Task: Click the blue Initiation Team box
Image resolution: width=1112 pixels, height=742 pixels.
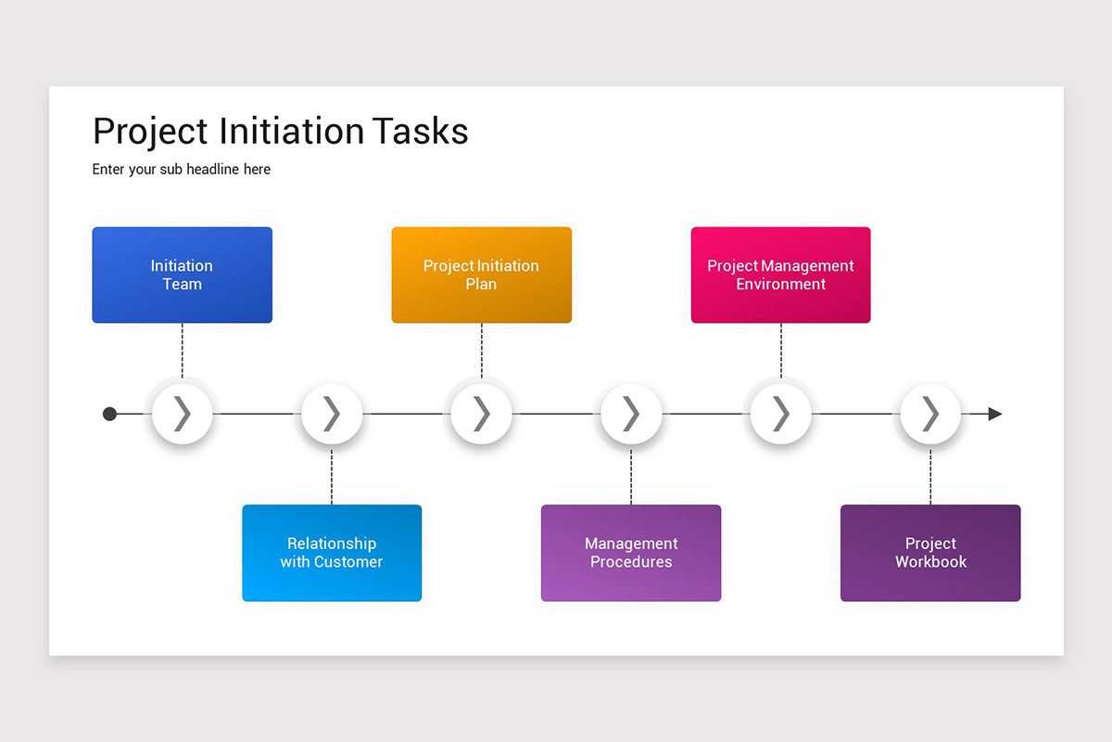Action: coord(182,275)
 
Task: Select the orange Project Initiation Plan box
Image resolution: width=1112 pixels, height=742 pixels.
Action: coord(481,275)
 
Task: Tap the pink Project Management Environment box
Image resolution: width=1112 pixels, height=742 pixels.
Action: coord(780,275)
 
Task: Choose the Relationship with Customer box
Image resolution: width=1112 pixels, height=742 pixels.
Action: coord(332,553)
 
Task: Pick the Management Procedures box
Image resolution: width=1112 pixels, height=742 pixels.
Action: coord(631,553)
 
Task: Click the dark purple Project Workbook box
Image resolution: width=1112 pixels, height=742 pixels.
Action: coord(930,553)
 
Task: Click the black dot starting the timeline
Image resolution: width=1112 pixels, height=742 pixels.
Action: coord(109,414)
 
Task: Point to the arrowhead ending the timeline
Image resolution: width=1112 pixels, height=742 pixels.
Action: coord(994,414)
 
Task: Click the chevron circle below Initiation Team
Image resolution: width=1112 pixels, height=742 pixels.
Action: coord(183,414)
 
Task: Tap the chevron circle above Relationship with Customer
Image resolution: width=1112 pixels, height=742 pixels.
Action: coord(332,414)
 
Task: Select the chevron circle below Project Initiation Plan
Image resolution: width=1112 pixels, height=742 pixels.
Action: coord(481,414)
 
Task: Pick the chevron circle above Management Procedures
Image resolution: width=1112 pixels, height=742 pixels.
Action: coord(631,414)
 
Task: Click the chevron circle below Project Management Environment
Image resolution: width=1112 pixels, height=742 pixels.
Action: coord(780,414)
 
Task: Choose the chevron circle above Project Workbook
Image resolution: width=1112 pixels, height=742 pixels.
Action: coord(930,414)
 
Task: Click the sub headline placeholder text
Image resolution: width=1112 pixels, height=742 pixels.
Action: coord(182,170)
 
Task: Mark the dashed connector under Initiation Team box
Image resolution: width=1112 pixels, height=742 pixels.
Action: coord(183,351)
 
